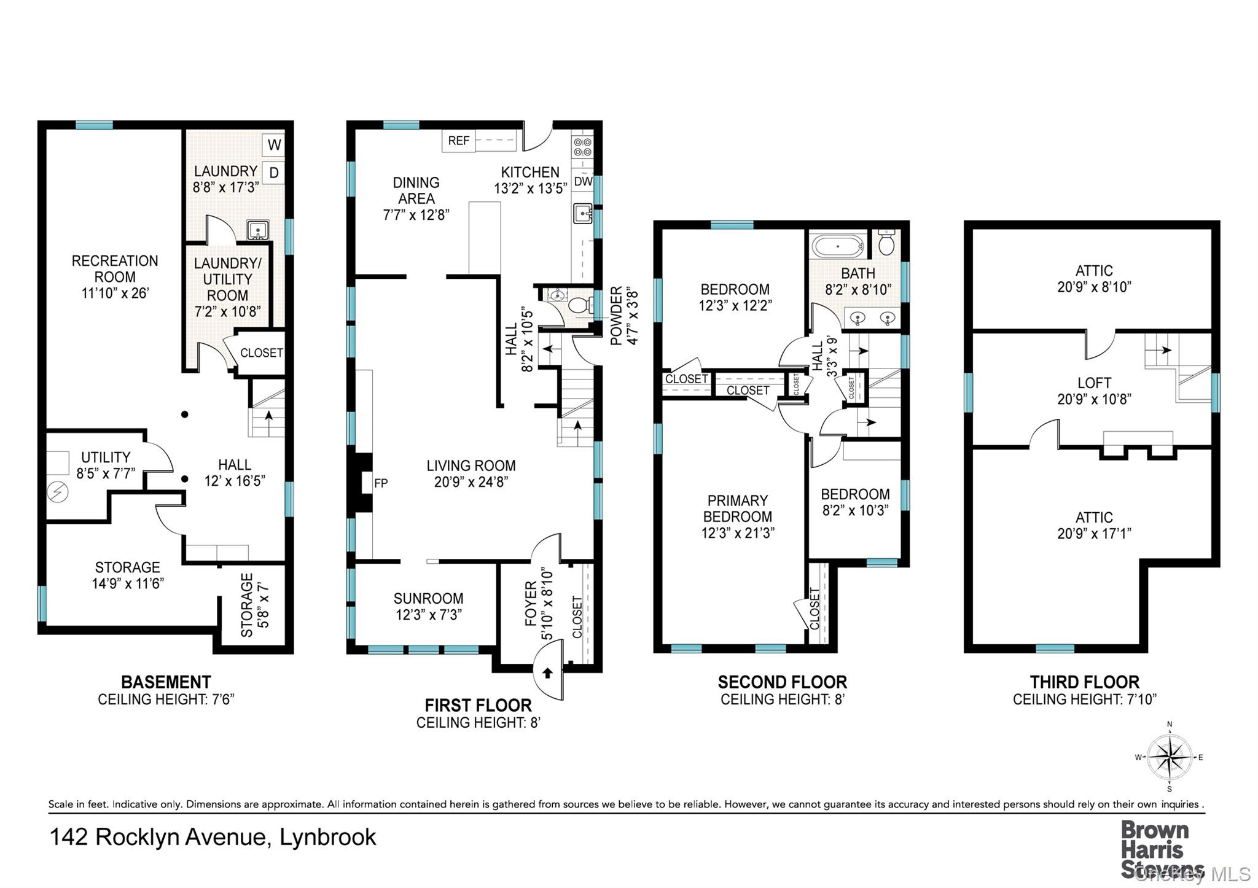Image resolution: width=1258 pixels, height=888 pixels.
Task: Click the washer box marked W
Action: point(274,145)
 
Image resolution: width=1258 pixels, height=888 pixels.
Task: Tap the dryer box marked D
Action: point(274,173)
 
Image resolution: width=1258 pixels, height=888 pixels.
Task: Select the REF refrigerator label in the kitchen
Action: point(458,141)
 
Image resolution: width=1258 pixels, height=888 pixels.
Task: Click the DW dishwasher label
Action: point(583,182)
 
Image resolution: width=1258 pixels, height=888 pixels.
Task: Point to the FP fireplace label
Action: point(381,483)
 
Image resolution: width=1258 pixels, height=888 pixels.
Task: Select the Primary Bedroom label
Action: point(738,508)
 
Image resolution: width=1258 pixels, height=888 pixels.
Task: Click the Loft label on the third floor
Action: point(1094,383)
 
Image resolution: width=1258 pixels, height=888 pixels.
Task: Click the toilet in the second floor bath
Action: point(886,243)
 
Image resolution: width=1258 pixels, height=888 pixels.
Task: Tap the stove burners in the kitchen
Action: point(582,147)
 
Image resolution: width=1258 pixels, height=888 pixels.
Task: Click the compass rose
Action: point(1170,757)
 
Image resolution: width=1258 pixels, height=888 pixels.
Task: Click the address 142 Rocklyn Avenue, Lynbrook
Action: point(213,837)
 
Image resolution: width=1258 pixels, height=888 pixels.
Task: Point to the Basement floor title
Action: point(166,682)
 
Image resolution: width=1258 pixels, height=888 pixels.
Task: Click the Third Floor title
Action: point(1085,682)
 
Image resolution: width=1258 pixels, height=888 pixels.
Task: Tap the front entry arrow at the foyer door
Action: point(548,673)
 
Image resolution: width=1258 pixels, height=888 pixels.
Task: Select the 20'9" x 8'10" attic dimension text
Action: point(1094,287)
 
